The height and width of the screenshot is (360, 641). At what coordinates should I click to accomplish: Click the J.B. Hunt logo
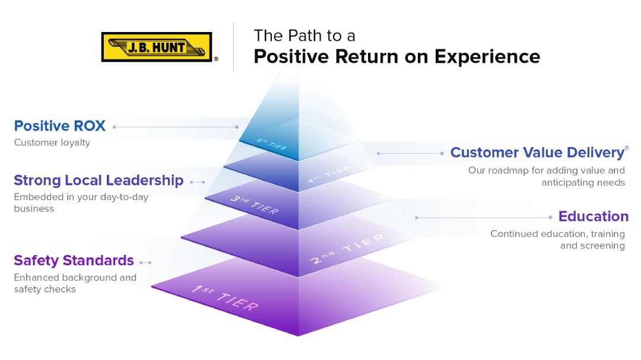[157, 47]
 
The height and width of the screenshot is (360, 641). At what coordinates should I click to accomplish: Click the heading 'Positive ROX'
[59, 126]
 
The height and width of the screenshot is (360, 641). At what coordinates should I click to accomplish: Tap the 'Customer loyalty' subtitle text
[52, 143]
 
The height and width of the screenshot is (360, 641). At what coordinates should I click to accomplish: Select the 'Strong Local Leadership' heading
[99, 180]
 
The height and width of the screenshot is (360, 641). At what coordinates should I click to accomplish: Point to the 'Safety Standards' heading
[74, 260]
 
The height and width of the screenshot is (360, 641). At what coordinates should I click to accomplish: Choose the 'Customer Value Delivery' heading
[537, 152]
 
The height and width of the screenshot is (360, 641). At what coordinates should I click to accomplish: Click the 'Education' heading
[593, 216]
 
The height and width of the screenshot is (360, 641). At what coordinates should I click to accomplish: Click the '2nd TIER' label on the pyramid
[348, 250]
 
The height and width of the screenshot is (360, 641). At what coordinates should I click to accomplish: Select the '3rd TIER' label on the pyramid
[255, 204]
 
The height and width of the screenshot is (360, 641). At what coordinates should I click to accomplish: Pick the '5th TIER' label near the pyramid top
[271, 145]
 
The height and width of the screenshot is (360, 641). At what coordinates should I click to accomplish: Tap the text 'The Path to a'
[304, 36]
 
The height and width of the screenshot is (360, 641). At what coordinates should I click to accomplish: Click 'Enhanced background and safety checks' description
[75, 283]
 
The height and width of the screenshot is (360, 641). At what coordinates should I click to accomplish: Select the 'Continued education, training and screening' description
[557, 240]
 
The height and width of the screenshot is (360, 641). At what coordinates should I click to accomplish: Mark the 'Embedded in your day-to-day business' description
[81, 203]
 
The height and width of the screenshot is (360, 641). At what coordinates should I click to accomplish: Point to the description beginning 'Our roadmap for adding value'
[546, 176]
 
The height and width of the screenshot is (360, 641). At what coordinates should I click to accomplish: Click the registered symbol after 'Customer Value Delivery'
[627, 148]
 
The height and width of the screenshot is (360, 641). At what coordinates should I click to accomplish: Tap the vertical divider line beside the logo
[233, 47]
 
